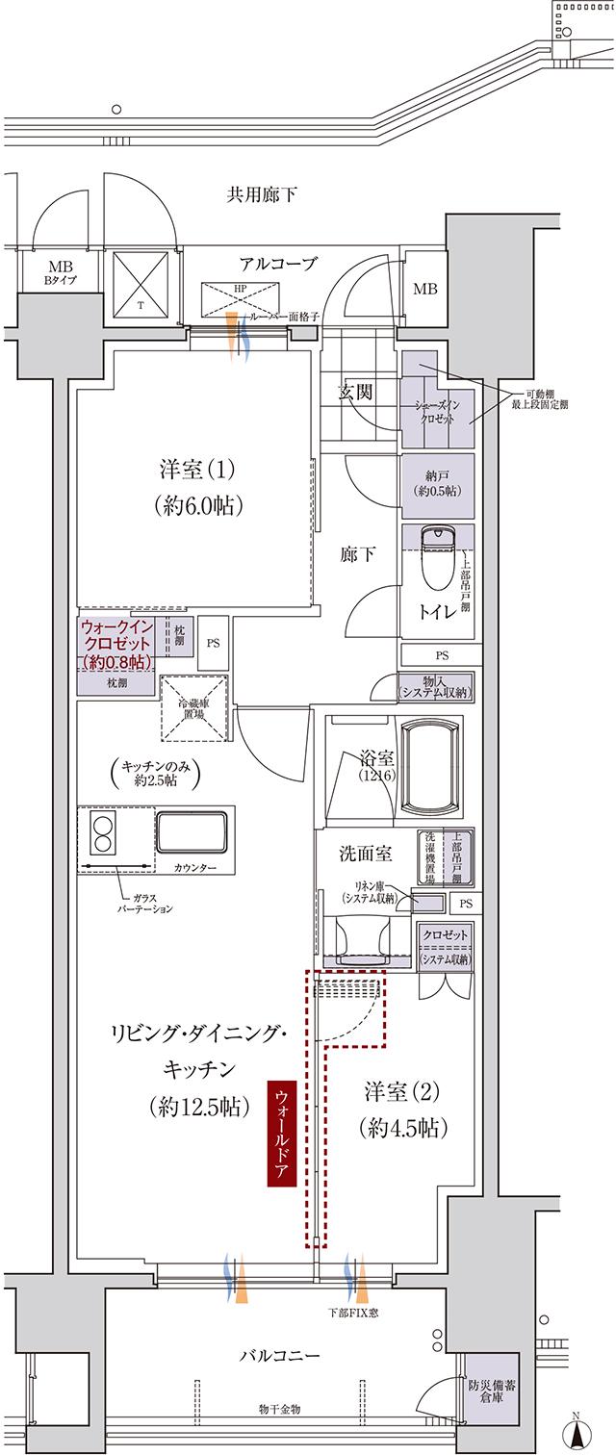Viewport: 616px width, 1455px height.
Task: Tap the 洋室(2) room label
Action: coord(402,1109)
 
